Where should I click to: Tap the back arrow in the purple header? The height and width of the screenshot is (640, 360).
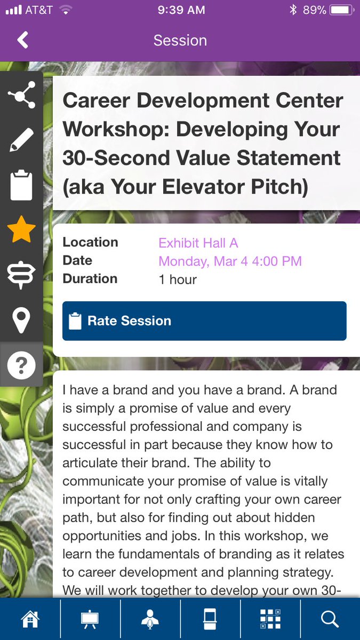(x=22, y=41)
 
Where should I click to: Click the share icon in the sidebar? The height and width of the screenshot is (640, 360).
(x=21, y=94)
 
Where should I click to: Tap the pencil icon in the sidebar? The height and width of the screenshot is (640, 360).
(x=21, y=140)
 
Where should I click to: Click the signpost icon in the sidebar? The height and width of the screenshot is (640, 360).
(x=21, y=275)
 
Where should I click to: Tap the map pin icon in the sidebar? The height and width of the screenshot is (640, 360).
(x=21, y=320)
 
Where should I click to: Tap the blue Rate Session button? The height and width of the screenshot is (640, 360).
(x=204, y=321)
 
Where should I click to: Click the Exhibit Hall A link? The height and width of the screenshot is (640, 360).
(x=198, y=243)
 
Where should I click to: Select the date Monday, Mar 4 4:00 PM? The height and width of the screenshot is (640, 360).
(x=230, y=261)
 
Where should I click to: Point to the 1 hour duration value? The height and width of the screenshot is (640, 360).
(x=178, y=279)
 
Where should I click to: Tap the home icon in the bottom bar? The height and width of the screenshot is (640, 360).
(x=30, y=619)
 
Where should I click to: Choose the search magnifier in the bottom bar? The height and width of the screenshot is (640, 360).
(x=330, y=619)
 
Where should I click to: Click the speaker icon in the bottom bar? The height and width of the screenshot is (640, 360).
(x=150, y=619)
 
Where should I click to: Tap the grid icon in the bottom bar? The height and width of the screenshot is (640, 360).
(x=270, y=619)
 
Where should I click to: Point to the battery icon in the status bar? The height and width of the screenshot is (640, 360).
(x=340, y=10)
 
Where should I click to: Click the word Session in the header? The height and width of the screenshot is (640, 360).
(x=180, y=41)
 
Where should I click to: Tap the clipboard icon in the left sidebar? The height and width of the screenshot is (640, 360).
(x=21, y=185)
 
